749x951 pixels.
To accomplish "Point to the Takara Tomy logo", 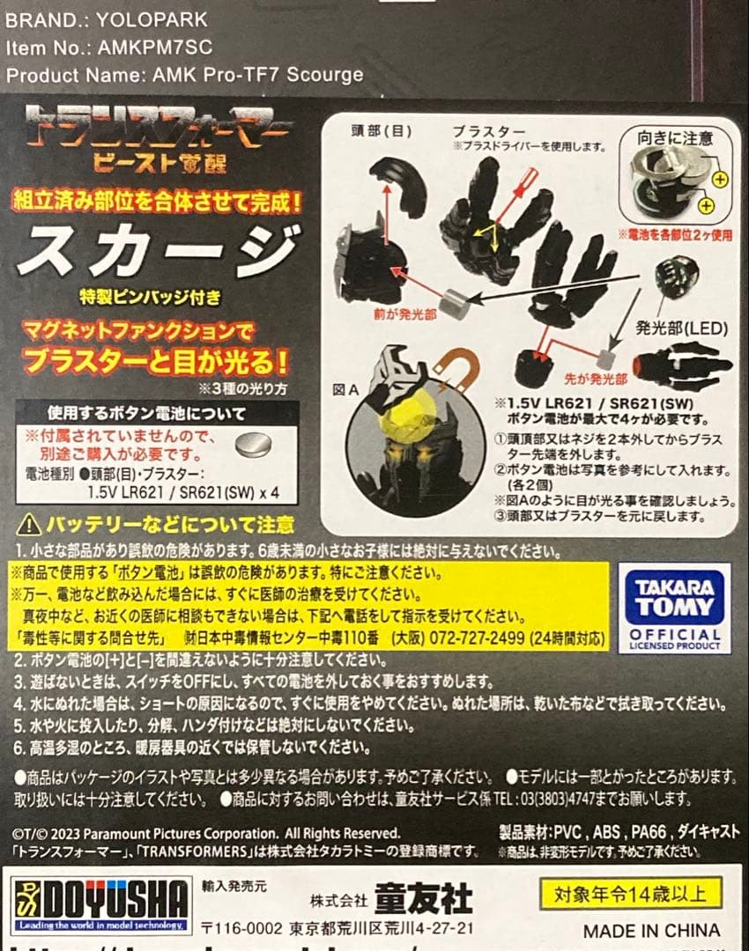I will (675, 607).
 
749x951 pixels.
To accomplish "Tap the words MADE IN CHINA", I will (651, 930).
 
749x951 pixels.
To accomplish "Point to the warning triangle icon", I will (29, 525).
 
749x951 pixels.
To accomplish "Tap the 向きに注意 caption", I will (678, 137).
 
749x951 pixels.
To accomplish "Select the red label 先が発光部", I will (597, 380).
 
